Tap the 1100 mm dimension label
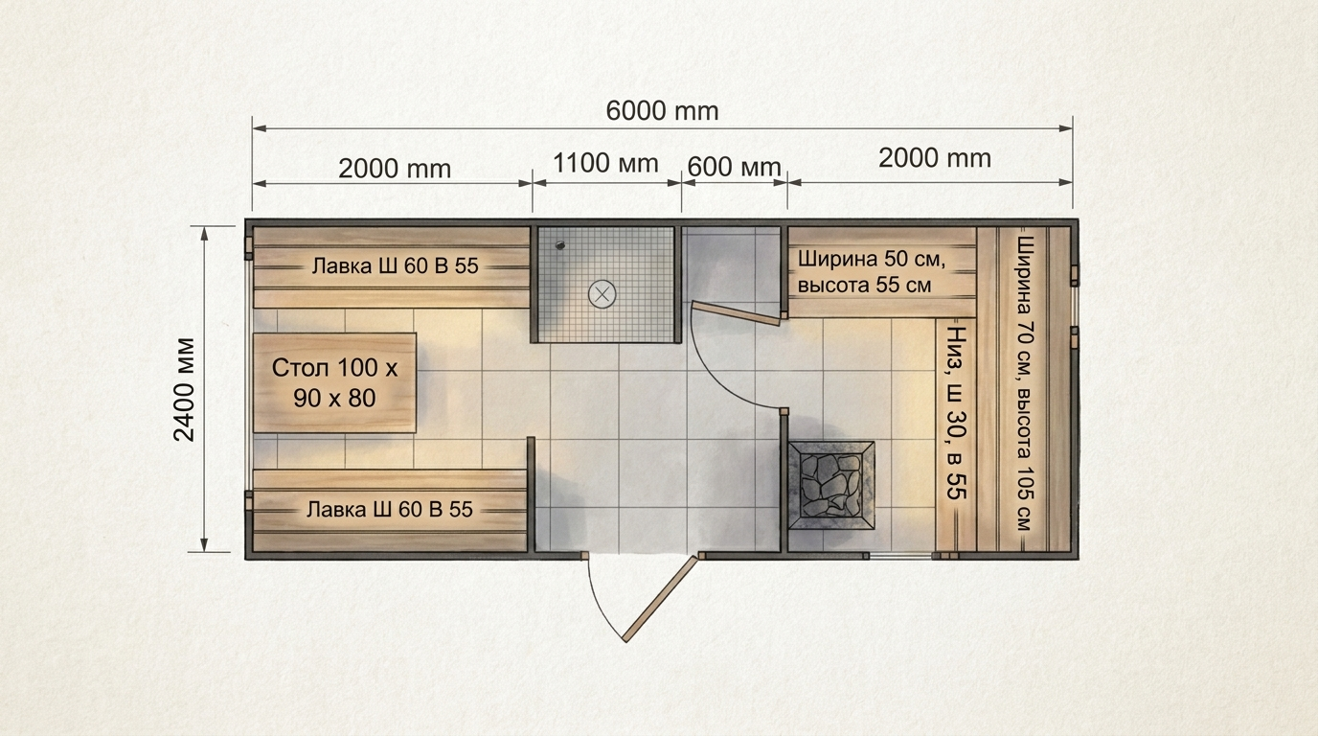(x=605, y=164)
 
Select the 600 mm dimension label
(x=734, y=167)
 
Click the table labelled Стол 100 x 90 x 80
(x=335, y=382)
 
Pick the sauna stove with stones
(x=831, y=485)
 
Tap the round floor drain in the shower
(x=602, y=294)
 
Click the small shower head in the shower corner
(x=559, y=245)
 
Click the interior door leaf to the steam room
(x=738, y=312)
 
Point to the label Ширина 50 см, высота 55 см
(x=872, y=272)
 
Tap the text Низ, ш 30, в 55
(x=957, y=413)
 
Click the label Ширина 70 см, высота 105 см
(x=1025, y=383)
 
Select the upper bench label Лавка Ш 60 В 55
(x=395, y=266)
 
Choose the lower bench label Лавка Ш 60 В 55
(x=390, y=509)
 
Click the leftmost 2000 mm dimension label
(x=395, y=169)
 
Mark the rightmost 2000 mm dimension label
(x=935, y=158)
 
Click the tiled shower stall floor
(x=606, y=285)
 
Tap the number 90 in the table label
(x=307, y=399)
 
